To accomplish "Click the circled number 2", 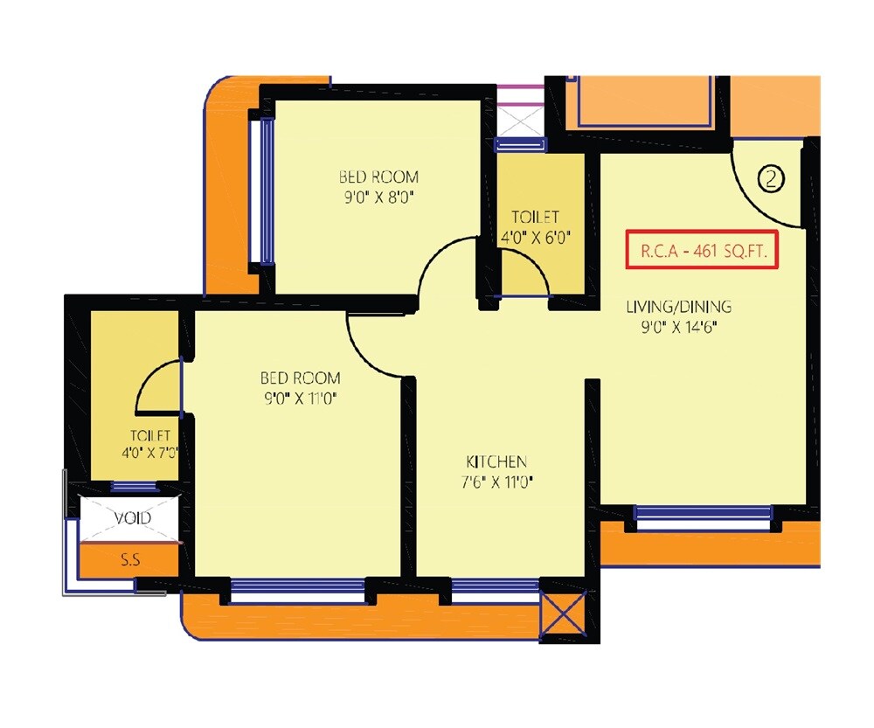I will [771, 179].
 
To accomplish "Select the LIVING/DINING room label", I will [679, 307].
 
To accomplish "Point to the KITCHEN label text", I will [496, 461].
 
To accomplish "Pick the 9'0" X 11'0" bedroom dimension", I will [300, 399].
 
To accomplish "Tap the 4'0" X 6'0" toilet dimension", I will [536, 237].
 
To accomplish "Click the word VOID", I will [133, 517].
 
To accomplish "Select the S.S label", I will [130, 560].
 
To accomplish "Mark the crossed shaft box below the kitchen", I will [565, 616].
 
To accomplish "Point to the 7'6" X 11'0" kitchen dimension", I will [496, 482].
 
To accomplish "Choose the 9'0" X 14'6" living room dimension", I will [679, 327].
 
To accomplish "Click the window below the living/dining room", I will [704, 517].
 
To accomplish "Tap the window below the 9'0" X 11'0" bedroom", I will [297, 591].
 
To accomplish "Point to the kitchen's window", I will [495, 591].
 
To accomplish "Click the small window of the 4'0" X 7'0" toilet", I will [134, 487].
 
